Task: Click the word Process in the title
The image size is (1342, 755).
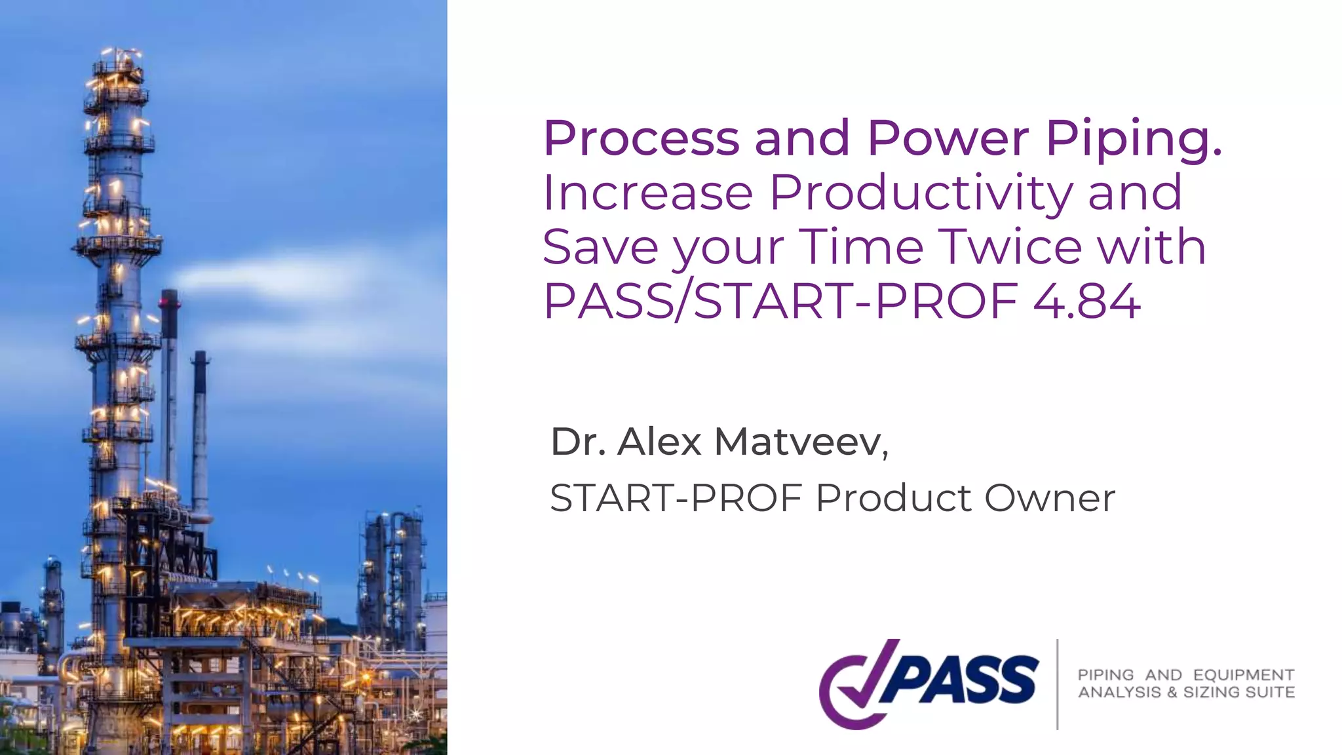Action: pos(641,138)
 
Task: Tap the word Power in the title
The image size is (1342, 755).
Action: pos(948,138)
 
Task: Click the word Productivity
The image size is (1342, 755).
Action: pos(921,193)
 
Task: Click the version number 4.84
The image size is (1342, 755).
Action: pos(1086,301)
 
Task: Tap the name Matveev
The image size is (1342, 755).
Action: pos(801,442)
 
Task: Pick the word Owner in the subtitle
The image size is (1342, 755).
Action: pos(1049,498)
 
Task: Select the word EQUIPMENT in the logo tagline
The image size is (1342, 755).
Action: pos(1243,675)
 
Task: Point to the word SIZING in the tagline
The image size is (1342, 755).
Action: pos(1212,692)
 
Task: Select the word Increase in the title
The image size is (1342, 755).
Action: pos(648,193)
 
